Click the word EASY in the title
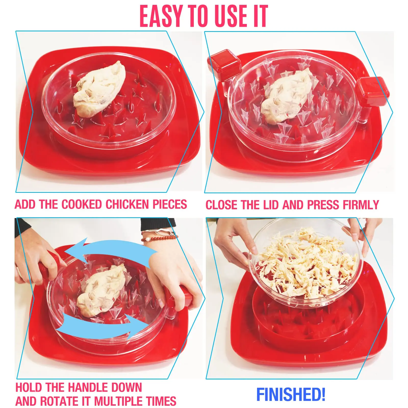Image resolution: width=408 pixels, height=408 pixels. tap(161, 16)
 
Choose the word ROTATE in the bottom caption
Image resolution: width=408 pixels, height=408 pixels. tap(59, 401)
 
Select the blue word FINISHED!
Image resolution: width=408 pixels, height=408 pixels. tap(291, 394)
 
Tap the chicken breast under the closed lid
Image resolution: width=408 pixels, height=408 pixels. tap(287, 97)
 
